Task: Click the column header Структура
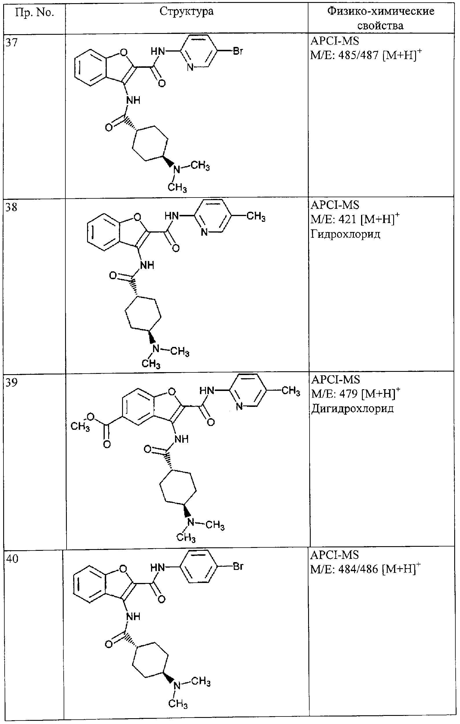point(187,11)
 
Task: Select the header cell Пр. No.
point(35,13)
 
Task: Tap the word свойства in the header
point(380,25)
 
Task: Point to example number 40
point(12,559)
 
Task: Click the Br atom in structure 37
point(238,52)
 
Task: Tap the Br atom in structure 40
point(238,567)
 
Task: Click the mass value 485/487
point(358,56)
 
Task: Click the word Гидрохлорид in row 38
point(345,234)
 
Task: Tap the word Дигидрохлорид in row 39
point(352,408)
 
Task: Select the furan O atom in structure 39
point(172,392)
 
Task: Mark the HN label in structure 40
point(158,567)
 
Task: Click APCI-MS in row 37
point(335,41)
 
